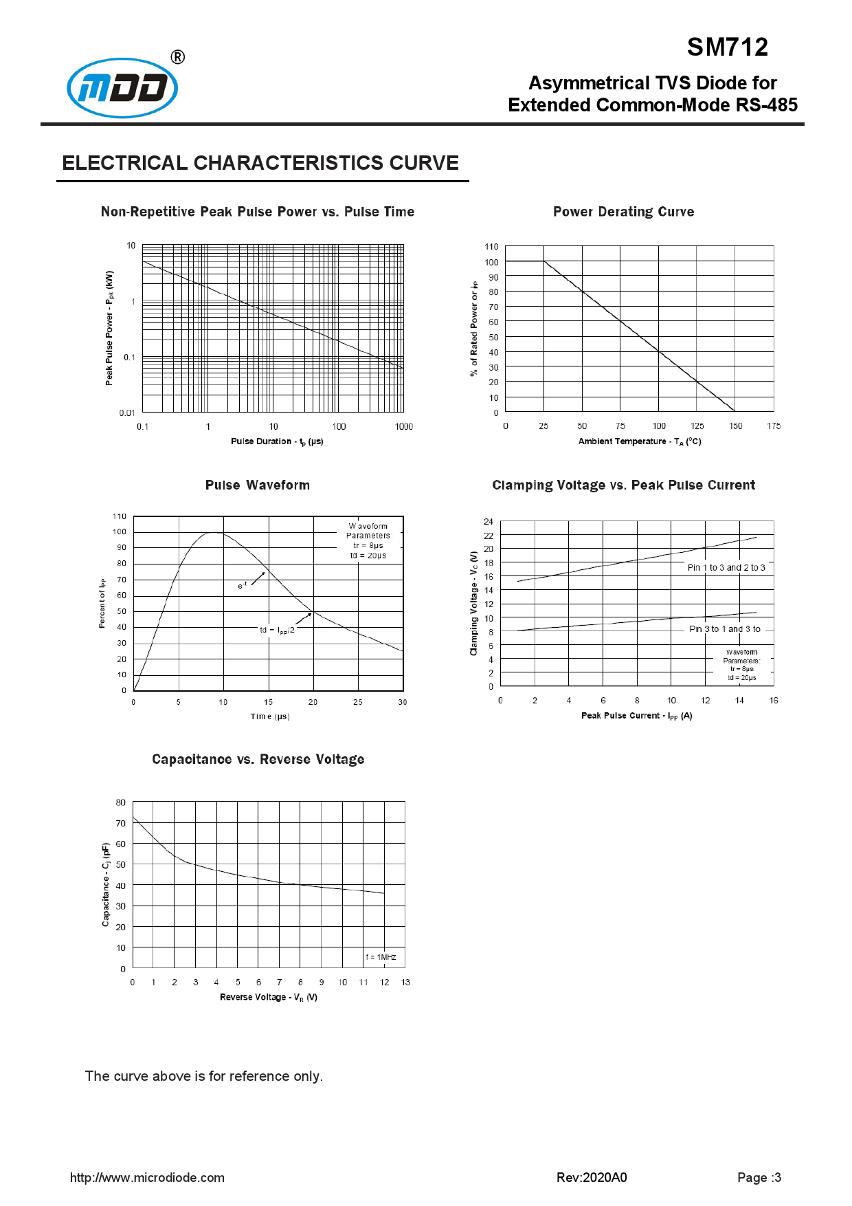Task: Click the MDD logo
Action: click(x=122, y=88)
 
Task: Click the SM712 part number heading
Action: click(x=727, y=47)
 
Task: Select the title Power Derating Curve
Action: click(x=623, y=212)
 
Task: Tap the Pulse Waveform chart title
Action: click(x=257, y=485)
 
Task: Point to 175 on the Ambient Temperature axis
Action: click(x=774, y=426)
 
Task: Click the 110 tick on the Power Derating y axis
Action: click(x=491, y=247)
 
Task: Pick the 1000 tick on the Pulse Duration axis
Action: click(x=404, y=427)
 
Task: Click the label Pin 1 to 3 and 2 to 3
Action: click(x=726, y=568)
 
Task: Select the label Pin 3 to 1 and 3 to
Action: click(x=725, y=629)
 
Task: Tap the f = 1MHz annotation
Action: click(x=381, y=957)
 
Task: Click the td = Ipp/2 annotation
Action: click(x=277, y=631)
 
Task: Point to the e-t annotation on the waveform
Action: click(x=242, y=586)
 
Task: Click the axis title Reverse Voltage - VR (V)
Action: click(x=269, y=998)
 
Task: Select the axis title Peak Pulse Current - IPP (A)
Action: click(x=636, y=716)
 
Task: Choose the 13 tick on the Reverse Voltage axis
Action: click(x=405, y=983)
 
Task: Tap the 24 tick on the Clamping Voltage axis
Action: click(x=489, y=522)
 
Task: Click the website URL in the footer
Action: click(x=147, y=1178)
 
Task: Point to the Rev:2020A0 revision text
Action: click(x=592, y=1178)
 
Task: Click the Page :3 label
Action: click(x=759, y=1178)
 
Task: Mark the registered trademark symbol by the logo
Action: click(x=177, y=57)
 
